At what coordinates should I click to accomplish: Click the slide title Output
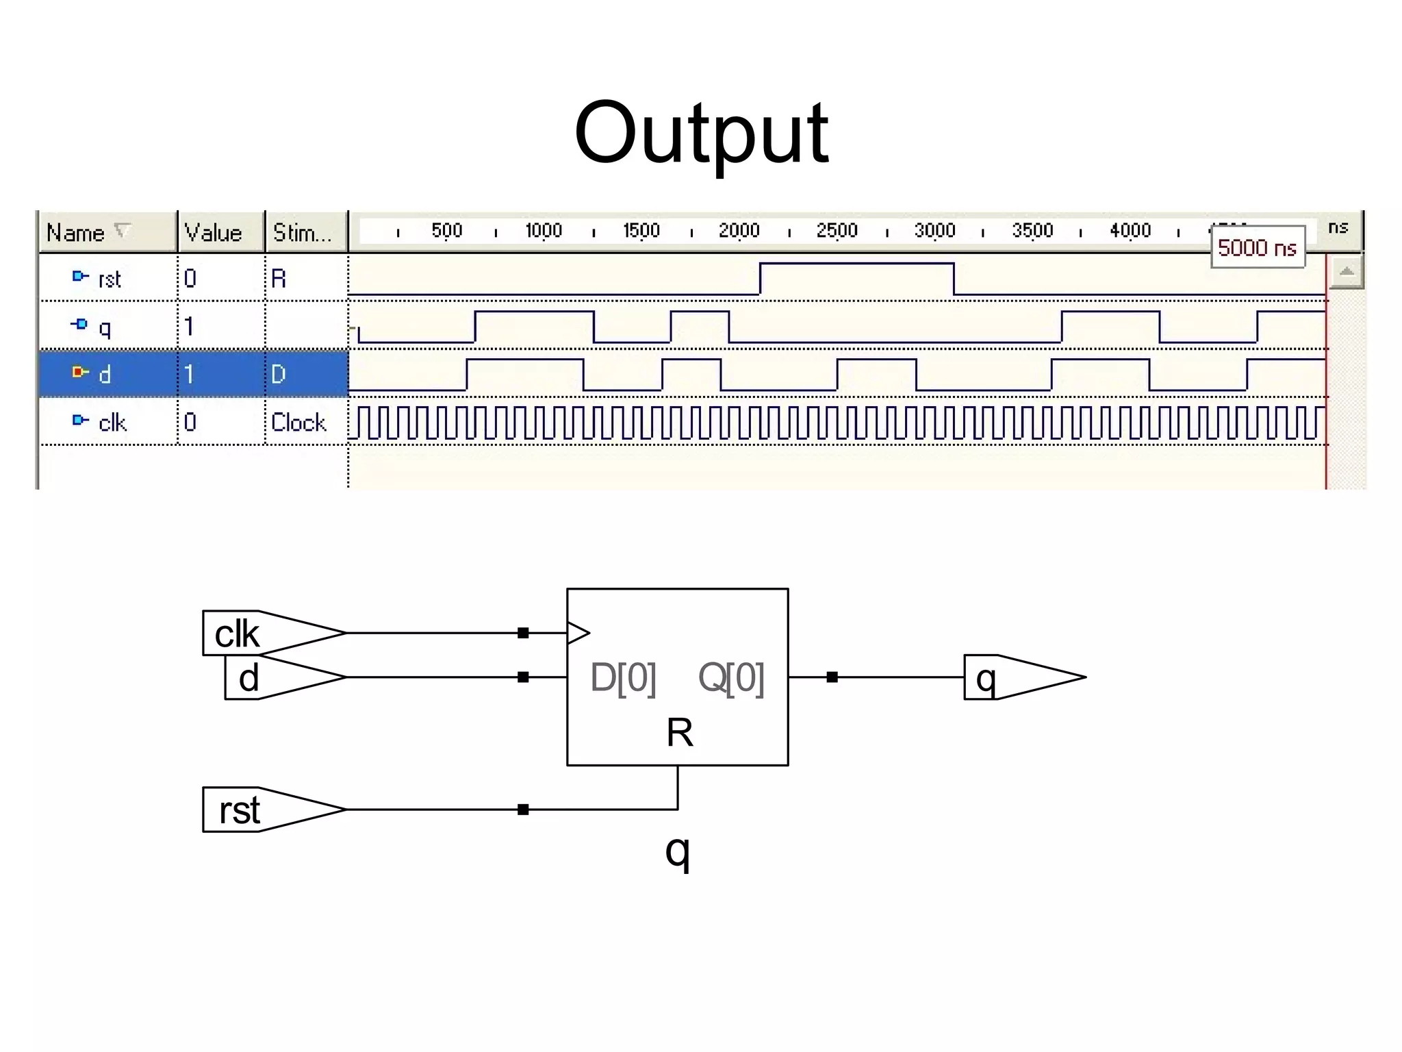click(x=701, y=134)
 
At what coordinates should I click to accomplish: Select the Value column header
click(x=213, y=233)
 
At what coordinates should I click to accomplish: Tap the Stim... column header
click(x=302, y=233)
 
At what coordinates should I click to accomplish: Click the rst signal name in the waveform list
click(x=109, y=279)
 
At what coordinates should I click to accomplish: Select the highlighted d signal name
click(x=104, y=374)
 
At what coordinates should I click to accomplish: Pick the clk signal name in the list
click(x=112, y=422)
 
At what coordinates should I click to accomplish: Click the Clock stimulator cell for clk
click(x=298, y=422)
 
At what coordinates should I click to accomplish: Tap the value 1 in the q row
click(x=189, y=327)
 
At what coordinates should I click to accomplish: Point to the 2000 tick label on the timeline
click(x=739, y=231)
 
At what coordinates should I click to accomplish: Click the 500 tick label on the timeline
click(x=446, y=231)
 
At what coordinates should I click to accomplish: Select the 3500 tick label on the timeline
click(x=1032, y=231)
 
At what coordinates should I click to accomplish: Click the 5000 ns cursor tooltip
click(x=1257, y=247)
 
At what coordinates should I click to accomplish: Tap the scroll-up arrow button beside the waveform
click(x=1346, y=273)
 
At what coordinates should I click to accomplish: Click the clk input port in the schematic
click(x=260, y=633)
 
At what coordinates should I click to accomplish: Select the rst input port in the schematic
click(x=260, y=810)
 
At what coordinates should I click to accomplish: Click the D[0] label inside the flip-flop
click(x=623, y=677)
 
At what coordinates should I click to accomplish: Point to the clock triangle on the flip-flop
click(x=577, y=633)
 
